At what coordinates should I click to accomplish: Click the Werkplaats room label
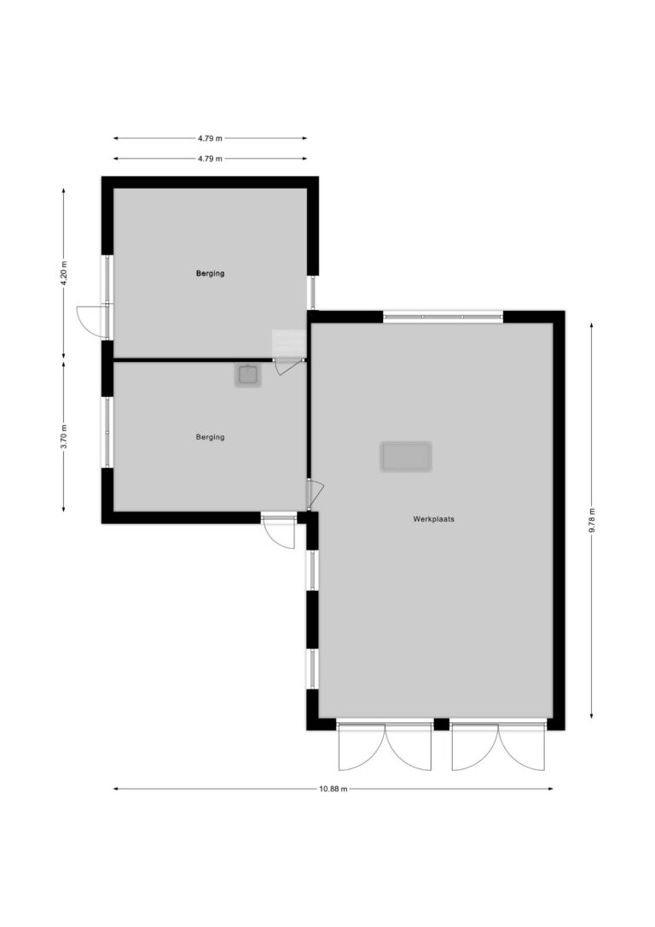(x=433, y=519)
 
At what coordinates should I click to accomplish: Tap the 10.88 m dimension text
(x=333, y=789)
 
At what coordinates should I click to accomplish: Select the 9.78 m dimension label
(x=592, y=520)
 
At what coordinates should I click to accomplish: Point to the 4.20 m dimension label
(x=64, y=273)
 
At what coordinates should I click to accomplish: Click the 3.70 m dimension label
(x=64, y=437)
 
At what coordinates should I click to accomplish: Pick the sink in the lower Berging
(x=248, y=375)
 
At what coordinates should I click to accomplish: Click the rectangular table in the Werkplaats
(x=406, y=457)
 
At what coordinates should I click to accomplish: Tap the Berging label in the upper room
(x=211, y=273)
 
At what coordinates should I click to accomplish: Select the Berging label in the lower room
(x=211, y=437)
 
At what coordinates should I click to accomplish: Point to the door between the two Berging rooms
(x=288, y=366)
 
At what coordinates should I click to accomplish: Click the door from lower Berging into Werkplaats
(x=315, y=495)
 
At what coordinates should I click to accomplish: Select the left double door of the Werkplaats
(x=385, y=746)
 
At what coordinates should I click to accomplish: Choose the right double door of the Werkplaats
(x=498, y=746)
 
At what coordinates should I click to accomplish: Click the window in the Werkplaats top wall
(x=443, y=317)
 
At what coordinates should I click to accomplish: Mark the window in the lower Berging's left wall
(x=107, y=432)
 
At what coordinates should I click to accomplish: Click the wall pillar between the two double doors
(x=441, y=724)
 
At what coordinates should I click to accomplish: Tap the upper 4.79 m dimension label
(x=211, y=138)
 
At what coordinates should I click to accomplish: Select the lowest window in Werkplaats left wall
(x=312, y=668)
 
